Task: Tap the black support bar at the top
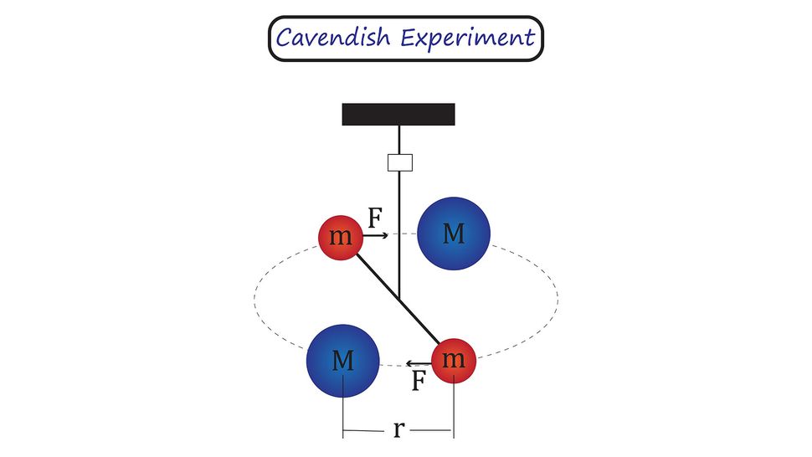point(398,114)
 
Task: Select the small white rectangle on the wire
point(400,162)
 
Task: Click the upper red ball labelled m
point(340,238)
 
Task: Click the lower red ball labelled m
point(453,360)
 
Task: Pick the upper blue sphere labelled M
point(453,234)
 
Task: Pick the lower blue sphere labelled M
point(343,361)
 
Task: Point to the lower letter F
point(420,381)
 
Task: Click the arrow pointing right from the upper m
point(377,237)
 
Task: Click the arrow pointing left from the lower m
point(418,362)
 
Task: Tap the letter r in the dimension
point(398,430)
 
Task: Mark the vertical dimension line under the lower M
point(343,410)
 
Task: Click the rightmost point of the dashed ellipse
point(558,298)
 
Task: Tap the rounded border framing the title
point(270,39)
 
